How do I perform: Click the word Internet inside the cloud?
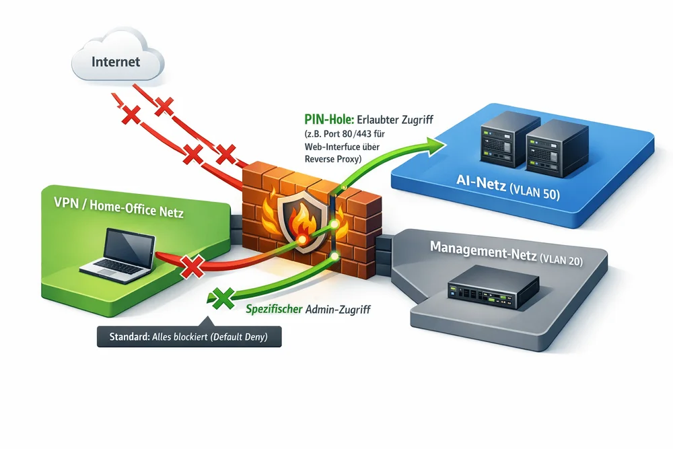116,62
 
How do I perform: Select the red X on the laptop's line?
192,267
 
